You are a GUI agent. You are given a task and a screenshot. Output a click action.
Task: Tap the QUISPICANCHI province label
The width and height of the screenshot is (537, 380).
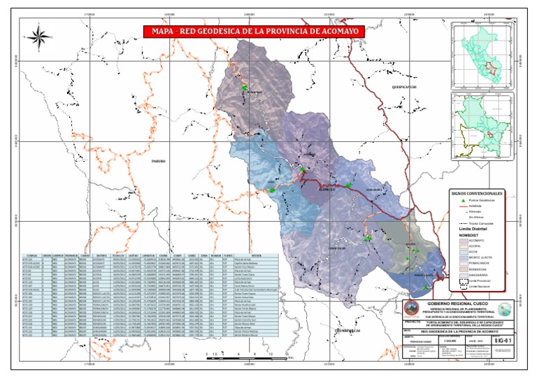click(x=404, y=87)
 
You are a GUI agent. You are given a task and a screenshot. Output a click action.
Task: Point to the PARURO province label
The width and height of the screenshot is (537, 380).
click(x=159, y=161)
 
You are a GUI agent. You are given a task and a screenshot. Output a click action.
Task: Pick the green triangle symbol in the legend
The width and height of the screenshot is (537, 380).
click(x=461, y=200)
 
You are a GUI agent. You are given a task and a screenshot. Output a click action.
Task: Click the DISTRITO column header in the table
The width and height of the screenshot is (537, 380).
click(x=102, y=255)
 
